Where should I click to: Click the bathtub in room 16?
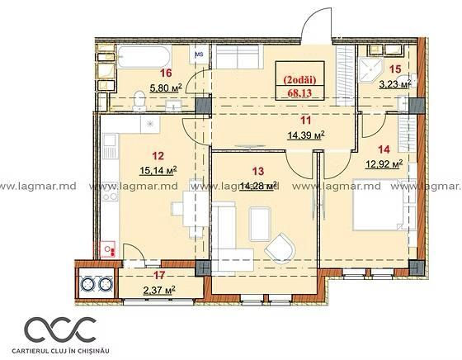144,57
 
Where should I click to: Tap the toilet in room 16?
139,101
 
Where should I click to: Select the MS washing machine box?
200,54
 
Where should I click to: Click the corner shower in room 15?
370,70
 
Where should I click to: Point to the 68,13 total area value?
299,93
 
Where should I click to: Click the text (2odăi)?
299,79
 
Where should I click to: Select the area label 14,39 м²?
306,135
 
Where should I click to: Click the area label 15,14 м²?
158,170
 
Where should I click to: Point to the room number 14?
384,149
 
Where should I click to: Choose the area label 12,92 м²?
384,163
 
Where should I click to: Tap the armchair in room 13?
280,249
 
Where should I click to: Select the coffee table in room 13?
260,224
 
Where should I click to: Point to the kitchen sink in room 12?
111,146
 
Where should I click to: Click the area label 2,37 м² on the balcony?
159,290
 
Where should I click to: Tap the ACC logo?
60,330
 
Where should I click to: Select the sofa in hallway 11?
238,57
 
